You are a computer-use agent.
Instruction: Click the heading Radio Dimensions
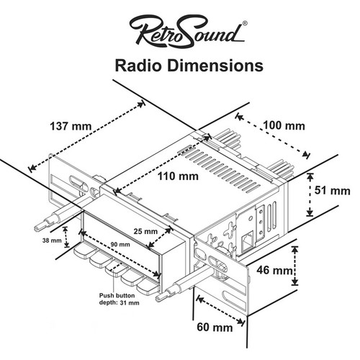(x=186, y=66)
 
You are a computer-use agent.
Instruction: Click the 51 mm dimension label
(x=333, y=192)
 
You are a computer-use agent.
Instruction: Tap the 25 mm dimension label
(x=147, y=232)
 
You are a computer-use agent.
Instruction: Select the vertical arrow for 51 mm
(x=310, y=194)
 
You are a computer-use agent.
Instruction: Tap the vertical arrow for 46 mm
(x=294, y=266)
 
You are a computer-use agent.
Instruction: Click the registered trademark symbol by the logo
(x=246, y=23)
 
